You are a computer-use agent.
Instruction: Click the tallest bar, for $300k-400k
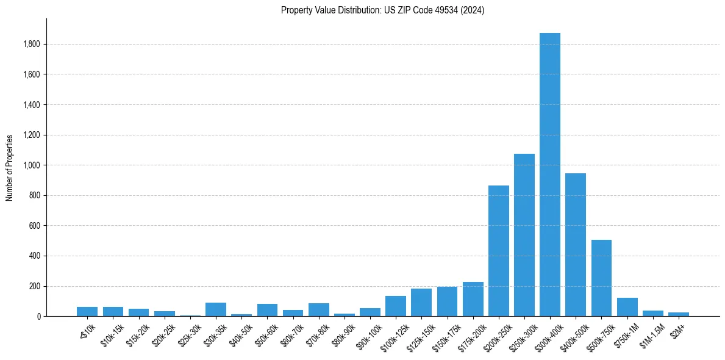click(549, 175)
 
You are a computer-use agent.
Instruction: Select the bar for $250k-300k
click(524, 235)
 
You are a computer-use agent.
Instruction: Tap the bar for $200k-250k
click(498, 251)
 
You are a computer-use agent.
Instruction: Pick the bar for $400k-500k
click(575, 245)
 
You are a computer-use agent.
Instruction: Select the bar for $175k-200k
click(473, 299)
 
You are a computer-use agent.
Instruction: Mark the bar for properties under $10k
click(87, 312)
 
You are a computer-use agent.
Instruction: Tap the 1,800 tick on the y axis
click(32, 44)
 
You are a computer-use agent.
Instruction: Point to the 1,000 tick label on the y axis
click(32, 165)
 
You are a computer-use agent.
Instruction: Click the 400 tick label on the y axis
click(34, 256)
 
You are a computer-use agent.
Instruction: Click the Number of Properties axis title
click(10, 168)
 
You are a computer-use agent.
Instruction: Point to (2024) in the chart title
click(473, 10)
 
